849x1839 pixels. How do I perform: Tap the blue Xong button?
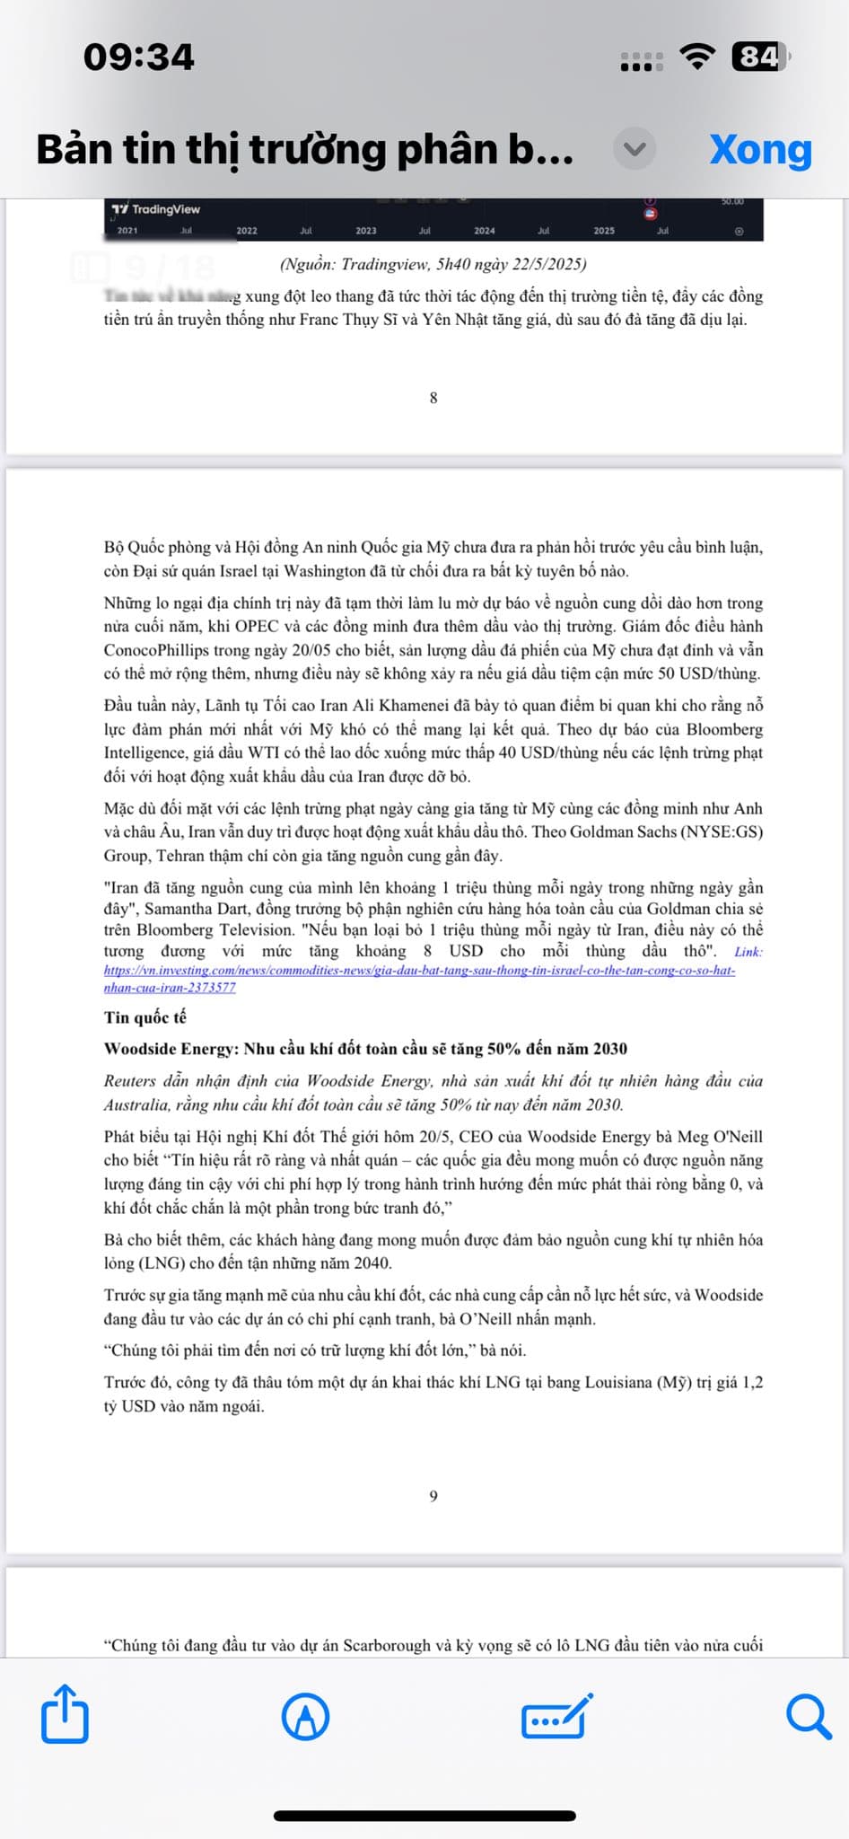[760, 150]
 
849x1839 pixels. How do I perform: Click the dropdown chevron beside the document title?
[635, 149]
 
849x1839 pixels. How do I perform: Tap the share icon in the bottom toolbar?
[66, 1714]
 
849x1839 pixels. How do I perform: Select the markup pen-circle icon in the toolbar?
[305, 1717]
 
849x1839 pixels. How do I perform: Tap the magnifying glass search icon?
[809, 1716]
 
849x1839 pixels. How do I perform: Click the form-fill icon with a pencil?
[556, 1716]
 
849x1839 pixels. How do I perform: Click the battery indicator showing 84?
[760, 57]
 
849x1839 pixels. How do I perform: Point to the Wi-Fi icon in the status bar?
[697, 57]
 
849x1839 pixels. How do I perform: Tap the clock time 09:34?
[139, 57]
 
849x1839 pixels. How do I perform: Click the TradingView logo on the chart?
[156, 209]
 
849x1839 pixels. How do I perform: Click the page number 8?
[433, 398]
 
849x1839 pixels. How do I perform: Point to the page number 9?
[433, 1496]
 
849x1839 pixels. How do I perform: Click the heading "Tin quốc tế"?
[145, 1017]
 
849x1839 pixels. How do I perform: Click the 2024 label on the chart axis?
[485, 231]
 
